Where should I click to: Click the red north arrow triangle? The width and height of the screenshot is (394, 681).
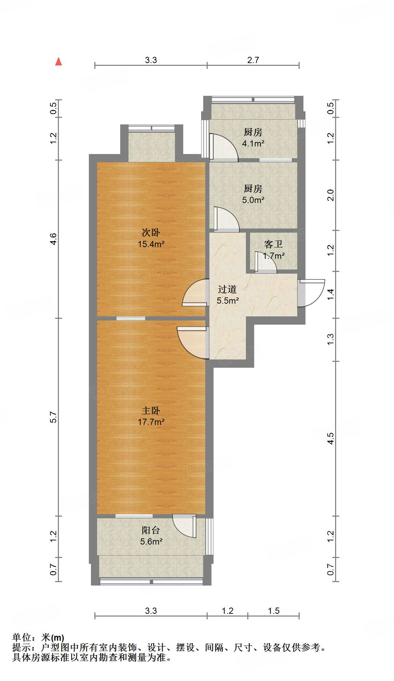click(x=59, y=62)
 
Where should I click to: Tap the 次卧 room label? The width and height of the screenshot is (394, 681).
click(x=151, y=233)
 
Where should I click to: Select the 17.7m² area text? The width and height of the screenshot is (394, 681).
click(x=151, y=422)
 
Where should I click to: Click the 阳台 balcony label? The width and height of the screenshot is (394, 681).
click(x=151, y=530)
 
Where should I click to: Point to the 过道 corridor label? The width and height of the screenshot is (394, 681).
click(x=227, y=289)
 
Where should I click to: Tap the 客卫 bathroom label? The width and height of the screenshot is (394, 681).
click(x=273, y=244)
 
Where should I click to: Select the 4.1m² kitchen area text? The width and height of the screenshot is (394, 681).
click(x=253, y=143)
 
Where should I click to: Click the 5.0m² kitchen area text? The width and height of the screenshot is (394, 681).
click(x=253, y=200)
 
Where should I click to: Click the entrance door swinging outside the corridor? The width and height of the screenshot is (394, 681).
click(x=311, y=293)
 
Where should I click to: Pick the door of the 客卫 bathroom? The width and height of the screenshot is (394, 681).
click(x=265, y=263)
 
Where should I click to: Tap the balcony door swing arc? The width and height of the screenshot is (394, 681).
click(x=185, y=526)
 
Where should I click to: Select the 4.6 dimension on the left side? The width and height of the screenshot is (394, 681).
click(x=53, y=239)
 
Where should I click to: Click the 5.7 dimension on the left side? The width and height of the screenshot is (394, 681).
click(x=53, y=417)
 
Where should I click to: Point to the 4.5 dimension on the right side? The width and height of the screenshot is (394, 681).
click(x=330, y=438)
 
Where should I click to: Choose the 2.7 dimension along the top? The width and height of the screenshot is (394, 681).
click(x=253, y=60)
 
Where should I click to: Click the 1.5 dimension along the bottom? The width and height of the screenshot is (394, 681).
click(x=273, y=611)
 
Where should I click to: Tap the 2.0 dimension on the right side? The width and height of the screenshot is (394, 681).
click(x=330, y=195)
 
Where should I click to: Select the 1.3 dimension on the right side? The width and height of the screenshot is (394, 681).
click(x=330, y=339)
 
